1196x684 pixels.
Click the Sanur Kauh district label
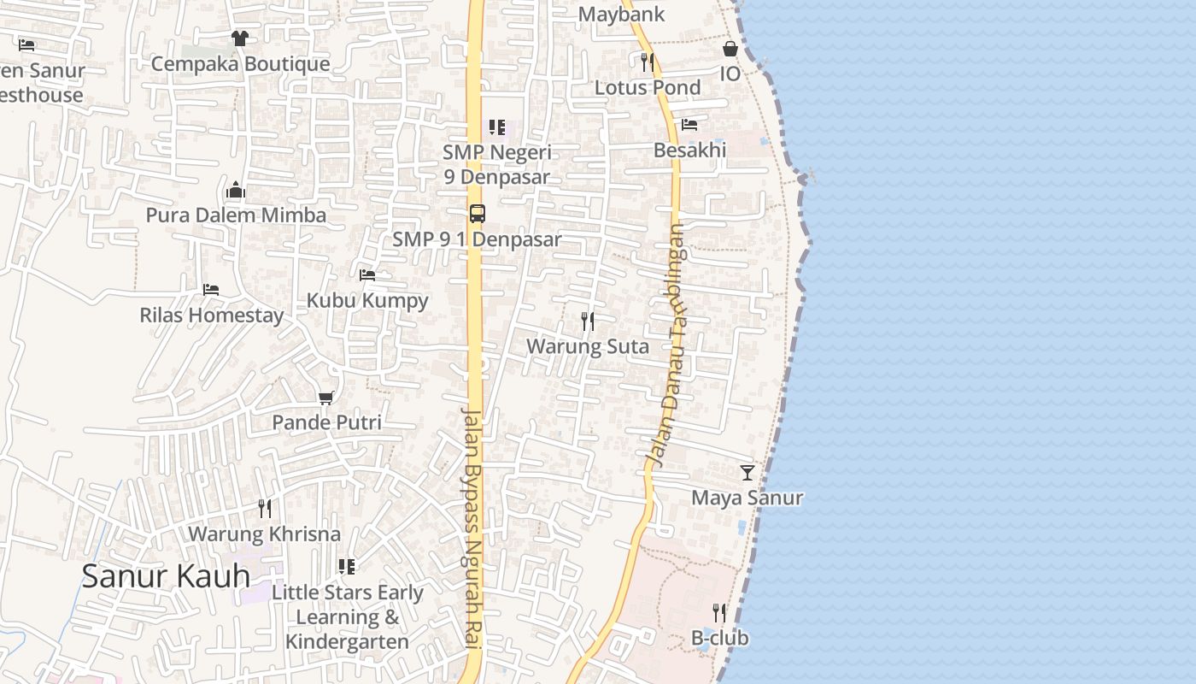166,576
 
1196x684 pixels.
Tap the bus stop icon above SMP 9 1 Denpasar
478,214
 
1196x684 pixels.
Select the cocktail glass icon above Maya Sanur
747,472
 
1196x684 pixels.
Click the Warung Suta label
588,346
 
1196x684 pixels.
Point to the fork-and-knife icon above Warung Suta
588,321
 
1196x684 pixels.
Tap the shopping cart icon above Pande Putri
325,398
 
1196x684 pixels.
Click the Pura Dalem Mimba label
236,215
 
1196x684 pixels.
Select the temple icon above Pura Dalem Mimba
236,190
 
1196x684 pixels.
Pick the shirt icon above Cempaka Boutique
240,38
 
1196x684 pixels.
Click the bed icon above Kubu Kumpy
367,275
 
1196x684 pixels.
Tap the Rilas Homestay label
212,315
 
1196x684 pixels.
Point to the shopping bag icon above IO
730,49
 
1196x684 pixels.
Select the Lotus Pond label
648,87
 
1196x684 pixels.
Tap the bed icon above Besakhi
689,125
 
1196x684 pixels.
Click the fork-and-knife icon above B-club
719,613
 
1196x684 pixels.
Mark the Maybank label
621,15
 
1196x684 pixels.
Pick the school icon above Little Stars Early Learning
347,567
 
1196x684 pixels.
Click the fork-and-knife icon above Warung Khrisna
265,509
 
